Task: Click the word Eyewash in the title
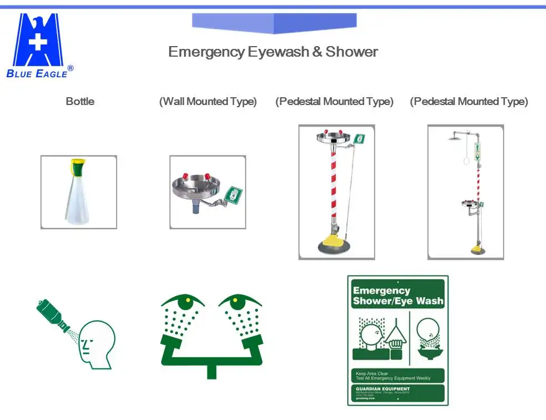point(277,52)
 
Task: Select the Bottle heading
point(80,102)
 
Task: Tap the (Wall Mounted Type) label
point(208,102)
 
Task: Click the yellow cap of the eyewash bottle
point(78,164)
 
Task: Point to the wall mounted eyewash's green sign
point(235,196)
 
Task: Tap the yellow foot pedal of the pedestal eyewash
point(331,240)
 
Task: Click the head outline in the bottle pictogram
point(97,343)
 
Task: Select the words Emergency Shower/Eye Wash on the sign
point(398,296)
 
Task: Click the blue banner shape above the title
point(274,23)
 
